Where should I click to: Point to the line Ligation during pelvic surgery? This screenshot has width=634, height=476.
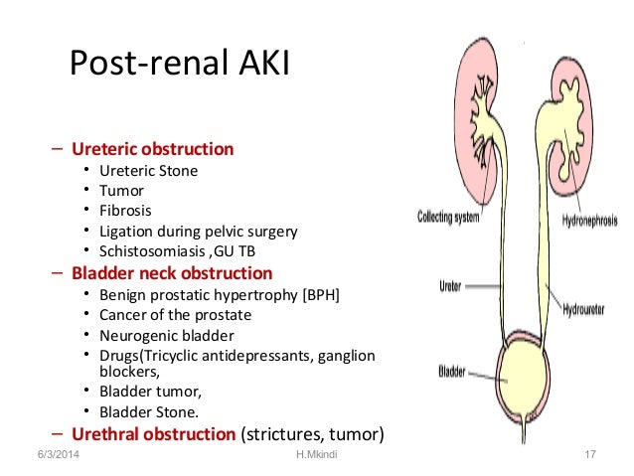coord(199,232)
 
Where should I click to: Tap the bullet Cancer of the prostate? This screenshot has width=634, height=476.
coord(176,315)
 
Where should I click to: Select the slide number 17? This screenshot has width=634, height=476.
coord(589,455)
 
